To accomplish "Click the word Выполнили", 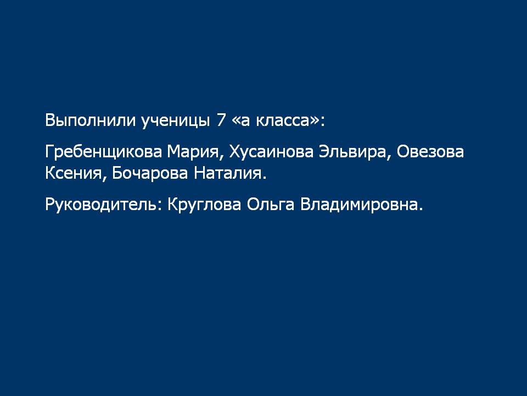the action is [90, 120].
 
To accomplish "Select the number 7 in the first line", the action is [221, 120].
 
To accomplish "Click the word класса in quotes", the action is [282, 122].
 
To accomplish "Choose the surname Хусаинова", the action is [271, 152].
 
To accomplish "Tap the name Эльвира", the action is [352, 152].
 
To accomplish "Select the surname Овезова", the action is [430, 152].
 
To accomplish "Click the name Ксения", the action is [73, 174].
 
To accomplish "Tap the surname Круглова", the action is [204, 205].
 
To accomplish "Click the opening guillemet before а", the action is [236, 122].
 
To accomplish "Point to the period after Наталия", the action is [264, 178].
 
